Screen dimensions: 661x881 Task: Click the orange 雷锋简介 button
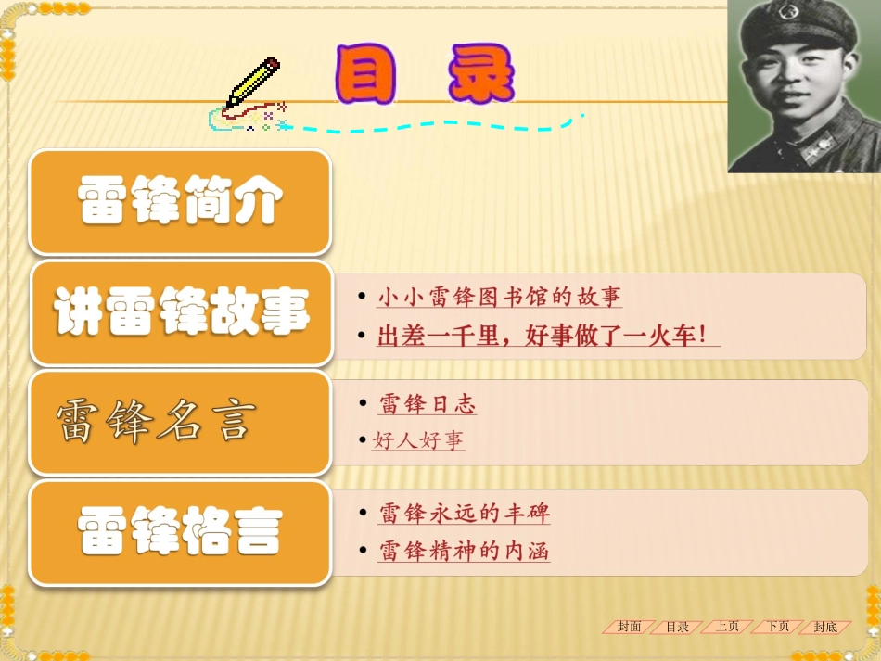coord(180,202)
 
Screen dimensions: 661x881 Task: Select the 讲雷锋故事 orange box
coord(181,312)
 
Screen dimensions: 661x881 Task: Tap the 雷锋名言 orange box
coord(180,423)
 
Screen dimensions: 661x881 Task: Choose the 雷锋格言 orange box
coord(180,532)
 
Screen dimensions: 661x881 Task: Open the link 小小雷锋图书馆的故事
coord(499,298)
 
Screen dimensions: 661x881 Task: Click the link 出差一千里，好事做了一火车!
coord(548,336)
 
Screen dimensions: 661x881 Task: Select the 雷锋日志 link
coord(428,405)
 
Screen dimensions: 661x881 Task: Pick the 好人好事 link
coord(418,441)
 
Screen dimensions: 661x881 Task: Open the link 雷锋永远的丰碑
coord(465,514)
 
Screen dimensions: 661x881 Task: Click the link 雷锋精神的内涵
coord(465,552)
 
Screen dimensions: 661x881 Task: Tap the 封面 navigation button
coord(630,627)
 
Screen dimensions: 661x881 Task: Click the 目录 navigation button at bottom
coord(678,627)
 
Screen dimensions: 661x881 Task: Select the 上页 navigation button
coord(727,627)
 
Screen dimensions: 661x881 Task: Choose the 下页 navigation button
coord(777,627)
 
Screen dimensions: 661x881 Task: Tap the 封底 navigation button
coord(825,627)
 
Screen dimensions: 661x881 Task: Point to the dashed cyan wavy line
coord(436,125)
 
